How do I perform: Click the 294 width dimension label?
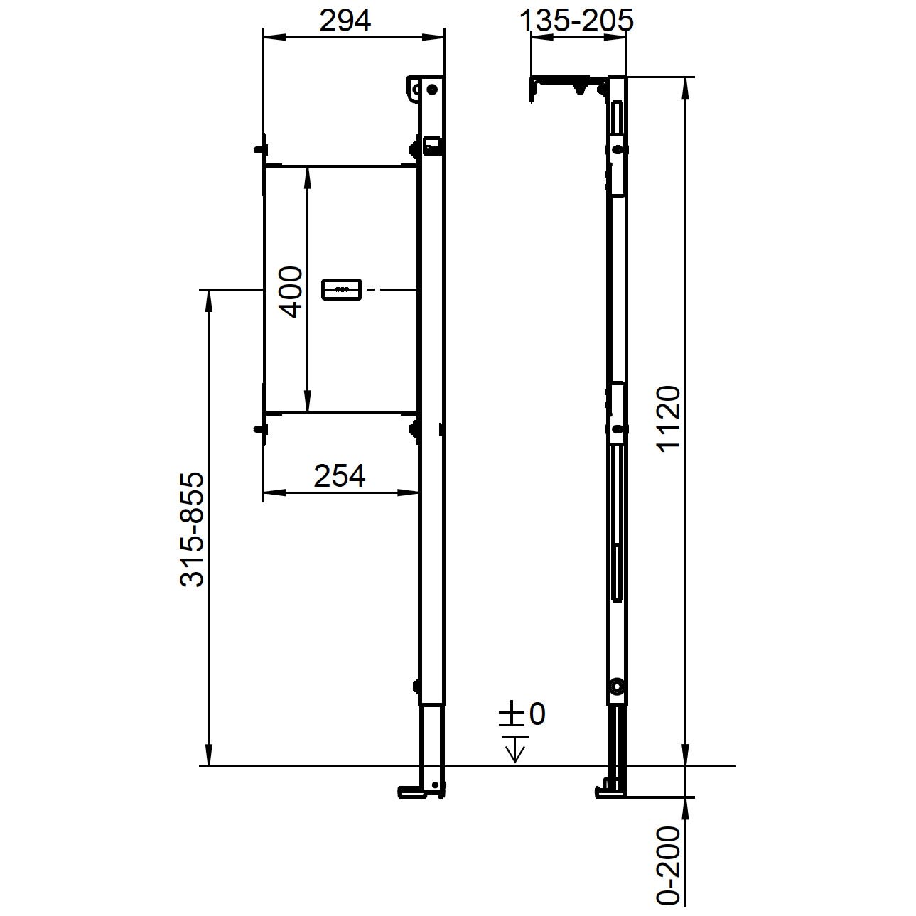(x=345, y=21)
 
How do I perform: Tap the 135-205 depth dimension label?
(x=576, y=21)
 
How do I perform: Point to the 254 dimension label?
(x=340, y=475)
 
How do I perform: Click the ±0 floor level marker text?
(x=522, y=713)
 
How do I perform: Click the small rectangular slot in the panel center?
(x=341, y=289)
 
